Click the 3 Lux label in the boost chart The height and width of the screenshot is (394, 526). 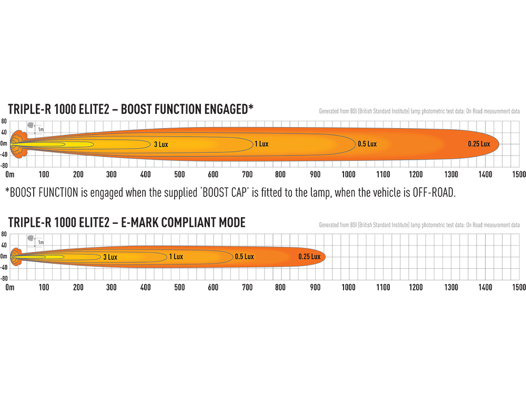(161, 144)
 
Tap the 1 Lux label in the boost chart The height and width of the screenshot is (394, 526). (261, 144)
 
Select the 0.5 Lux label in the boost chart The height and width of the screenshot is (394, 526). (367, 144)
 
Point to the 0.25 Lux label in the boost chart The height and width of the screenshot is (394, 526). (479, 144)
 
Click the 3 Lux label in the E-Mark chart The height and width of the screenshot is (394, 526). (109, 257)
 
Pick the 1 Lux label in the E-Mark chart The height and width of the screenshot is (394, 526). (176, 256)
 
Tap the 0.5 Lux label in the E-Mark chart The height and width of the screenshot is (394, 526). (244, 256)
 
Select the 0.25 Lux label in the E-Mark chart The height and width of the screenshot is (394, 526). (309, 256)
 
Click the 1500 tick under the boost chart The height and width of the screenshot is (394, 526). (519, 174)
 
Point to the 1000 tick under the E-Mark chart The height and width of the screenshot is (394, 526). (348, 287)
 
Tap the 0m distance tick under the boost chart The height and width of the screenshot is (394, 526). (9, 174)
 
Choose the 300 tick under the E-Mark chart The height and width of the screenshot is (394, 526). (111, 287)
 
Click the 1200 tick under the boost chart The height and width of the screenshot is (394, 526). (416, 174)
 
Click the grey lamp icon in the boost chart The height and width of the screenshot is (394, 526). (30, 126)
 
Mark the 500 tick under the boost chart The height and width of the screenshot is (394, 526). (179, 174)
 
